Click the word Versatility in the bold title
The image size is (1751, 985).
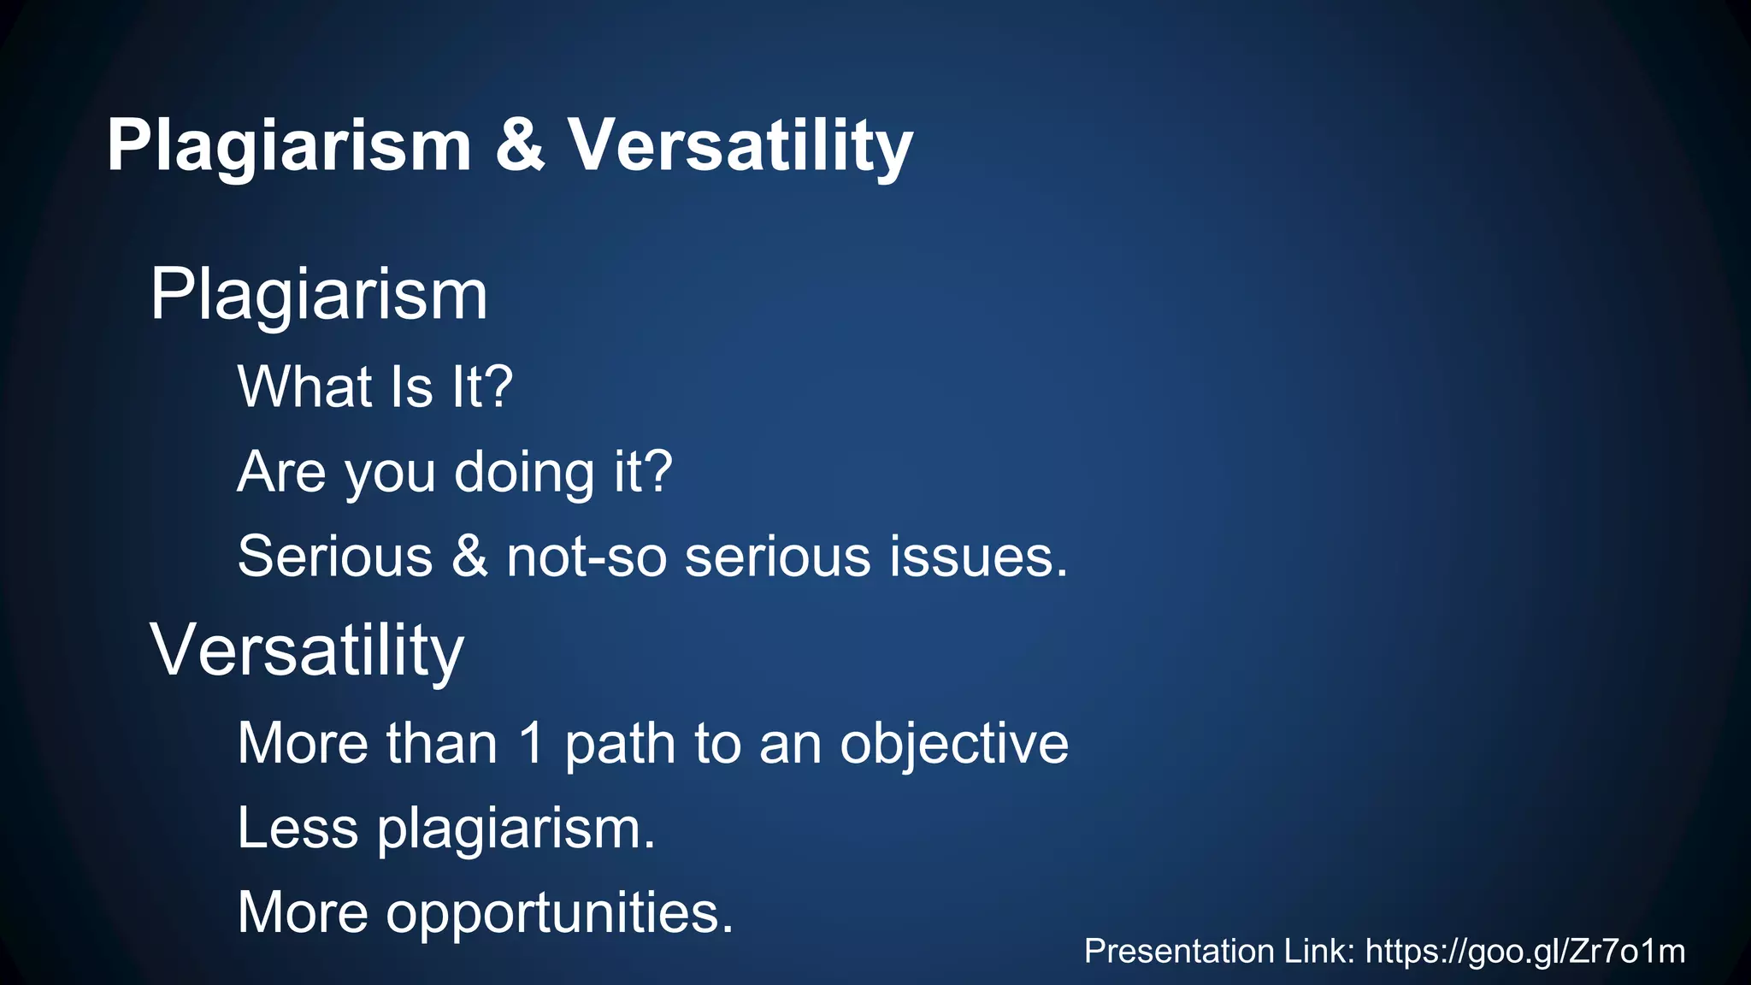click(x=740, y=145)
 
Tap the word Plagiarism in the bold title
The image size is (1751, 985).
click(x=289, y=145)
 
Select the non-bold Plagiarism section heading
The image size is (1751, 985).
click(x=318, y=296)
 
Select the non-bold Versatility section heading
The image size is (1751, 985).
click(x=306, y=652)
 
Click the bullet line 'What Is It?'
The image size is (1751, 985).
click(x=374, y=386)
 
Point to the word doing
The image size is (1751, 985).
click(x=523, y=472)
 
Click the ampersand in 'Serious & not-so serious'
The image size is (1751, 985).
click(x=469, y=557)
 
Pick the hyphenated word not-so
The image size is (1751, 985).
click(x=586, y=557)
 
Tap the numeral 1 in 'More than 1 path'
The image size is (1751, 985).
click(x=531, y=742)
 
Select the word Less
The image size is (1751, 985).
click(x=298, y=828)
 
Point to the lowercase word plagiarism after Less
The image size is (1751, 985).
click(x=516, y=828)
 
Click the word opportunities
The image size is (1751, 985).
click(x=559, y=912)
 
